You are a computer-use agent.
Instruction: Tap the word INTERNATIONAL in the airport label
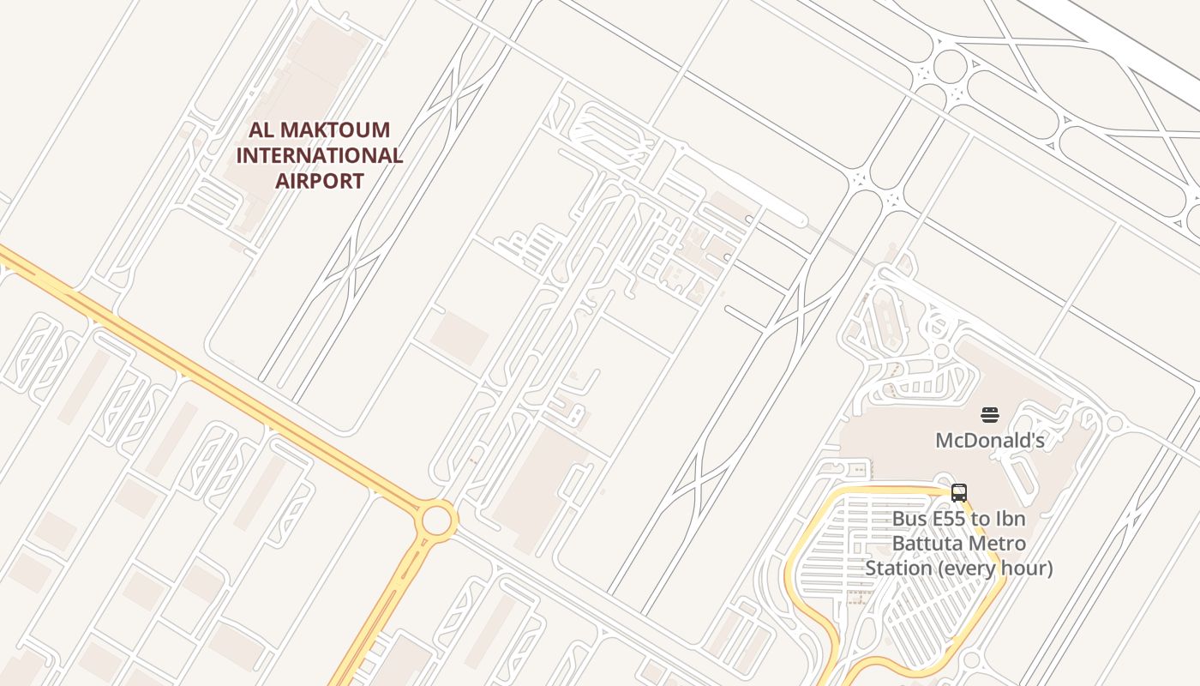[x=319, y=155]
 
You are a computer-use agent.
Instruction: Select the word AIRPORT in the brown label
[x=319, y=181]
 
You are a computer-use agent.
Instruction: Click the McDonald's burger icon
[x=990, y=416]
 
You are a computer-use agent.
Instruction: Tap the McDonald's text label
[x=990, y=441]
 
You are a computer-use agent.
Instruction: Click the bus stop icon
[x=959, y=493]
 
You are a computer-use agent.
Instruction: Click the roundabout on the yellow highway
[x=436, y=520]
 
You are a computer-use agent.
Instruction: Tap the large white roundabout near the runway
[x=950, y=66]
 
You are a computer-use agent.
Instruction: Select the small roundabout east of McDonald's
[x=1115, y=423]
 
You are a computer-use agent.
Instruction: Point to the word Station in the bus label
[x=897, y=569]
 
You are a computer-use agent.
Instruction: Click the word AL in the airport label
[x=261, y=130]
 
